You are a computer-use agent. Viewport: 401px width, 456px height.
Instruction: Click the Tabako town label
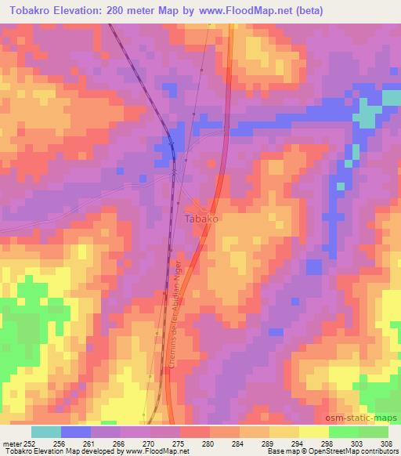(x=201, y=220)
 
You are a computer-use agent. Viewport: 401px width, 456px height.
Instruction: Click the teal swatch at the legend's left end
(x=46, y=431)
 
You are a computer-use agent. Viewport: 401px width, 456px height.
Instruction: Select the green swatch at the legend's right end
(x=373, y=431)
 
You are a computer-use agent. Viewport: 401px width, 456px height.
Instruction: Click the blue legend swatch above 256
(x=76, y=431)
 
